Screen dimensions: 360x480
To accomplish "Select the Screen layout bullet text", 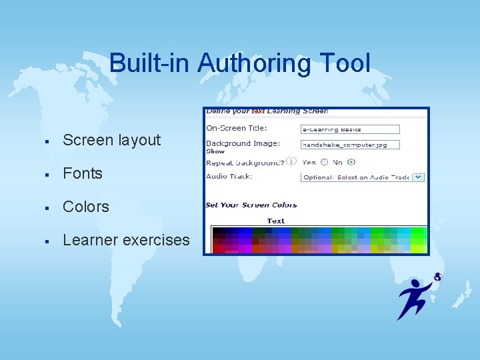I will (111, 140).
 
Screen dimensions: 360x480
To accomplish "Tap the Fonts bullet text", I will (83, 173).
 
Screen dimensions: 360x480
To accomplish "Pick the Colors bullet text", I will (86, 207).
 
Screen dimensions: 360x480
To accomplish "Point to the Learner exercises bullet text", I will (126, 240).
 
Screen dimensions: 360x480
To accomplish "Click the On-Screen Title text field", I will (350, 129).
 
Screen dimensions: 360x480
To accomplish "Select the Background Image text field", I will (350, 144).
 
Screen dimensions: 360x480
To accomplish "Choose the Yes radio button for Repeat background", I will (324, 162).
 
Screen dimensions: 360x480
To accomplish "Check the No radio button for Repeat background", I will (351, 162).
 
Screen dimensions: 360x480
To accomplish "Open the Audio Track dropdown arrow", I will (418, 177).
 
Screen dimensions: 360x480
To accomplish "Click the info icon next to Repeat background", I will (291, 161).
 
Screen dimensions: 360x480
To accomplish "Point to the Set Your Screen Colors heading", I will (251, 205).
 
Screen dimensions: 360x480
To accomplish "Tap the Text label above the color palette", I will (275, 221).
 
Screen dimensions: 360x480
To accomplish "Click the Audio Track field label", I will (229, 177).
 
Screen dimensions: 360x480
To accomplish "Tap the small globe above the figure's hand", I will (437, 277).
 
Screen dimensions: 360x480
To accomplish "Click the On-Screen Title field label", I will (236, 128).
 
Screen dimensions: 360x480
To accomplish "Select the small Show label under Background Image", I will (215, 151).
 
